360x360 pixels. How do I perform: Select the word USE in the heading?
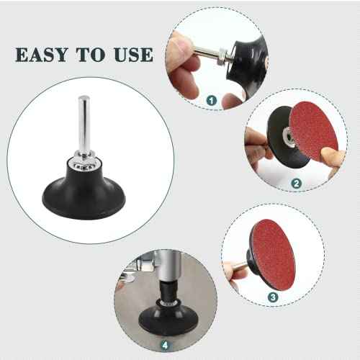[132, 55]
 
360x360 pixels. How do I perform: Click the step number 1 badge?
[212, 101]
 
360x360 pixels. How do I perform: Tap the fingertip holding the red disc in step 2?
[329, 156]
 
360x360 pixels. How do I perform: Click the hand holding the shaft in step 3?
[234, 272]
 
